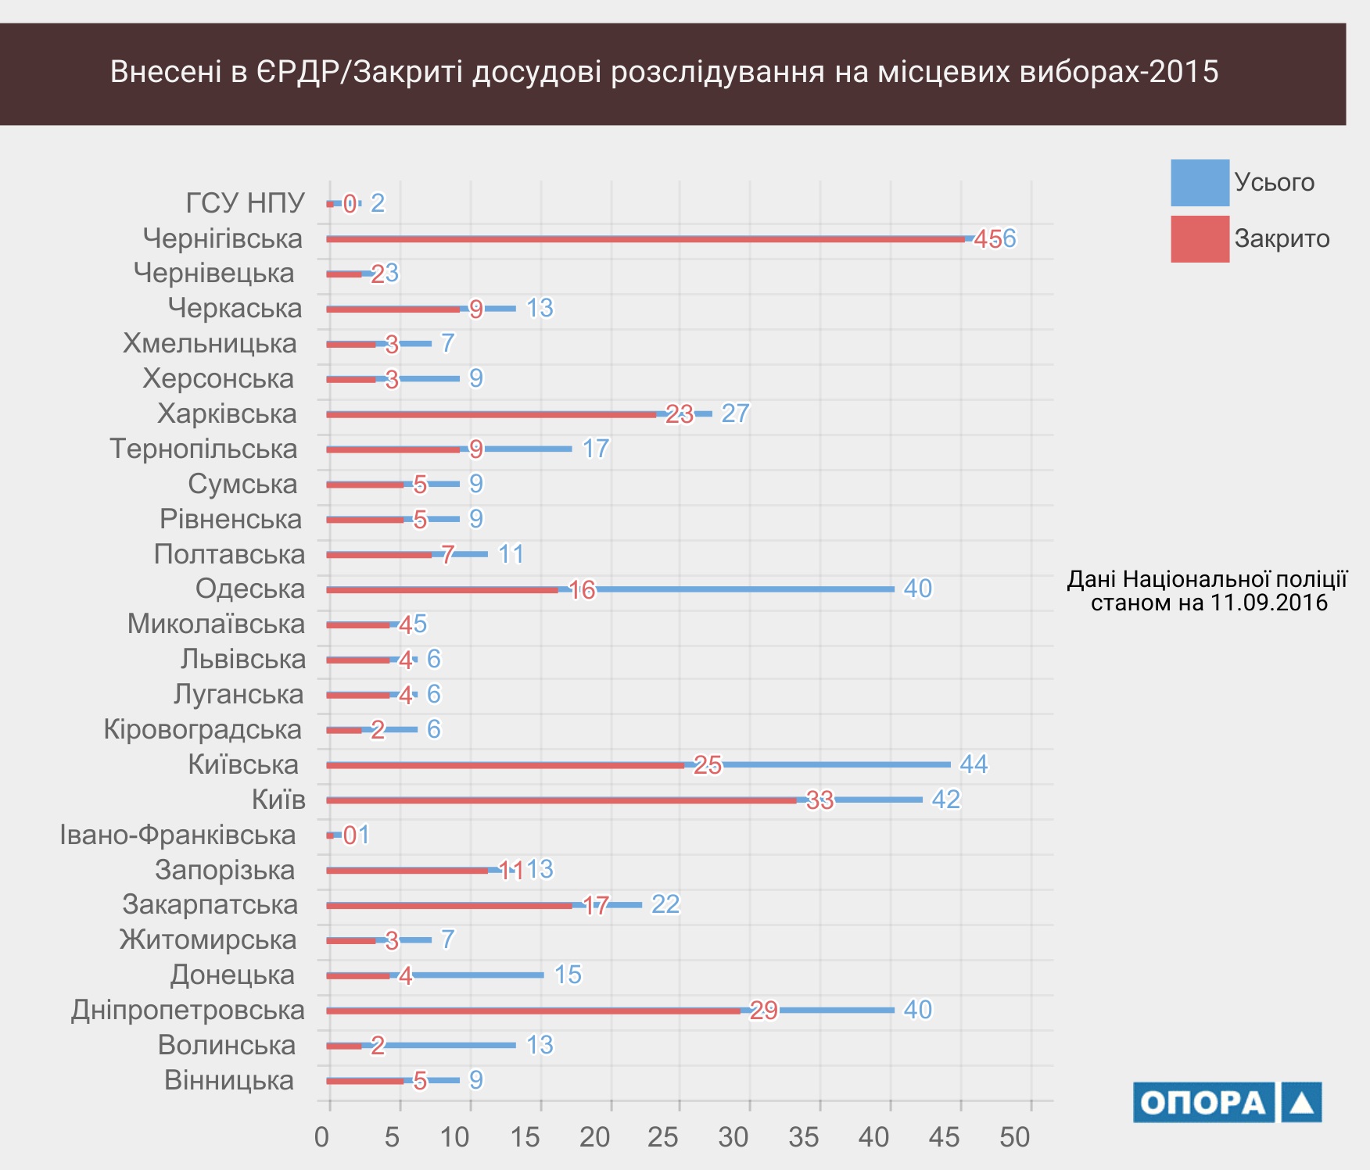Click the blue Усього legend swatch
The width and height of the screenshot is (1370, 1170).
pyautogui.click(x=1200, y=183)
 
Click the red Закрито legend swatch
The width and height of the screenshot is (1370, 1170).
pyautogui.click(x=1200, y=239)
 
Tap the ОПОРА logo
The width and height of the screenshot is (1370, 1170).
pyautogui.click(x=1227, y=1102)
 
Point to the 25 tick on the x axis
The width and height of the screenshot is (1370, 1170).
pyautogui.click(x=663, y=1137)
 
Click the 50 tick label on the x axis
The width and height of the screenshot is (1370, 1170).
pyautogui.click(x=1015, y=1137)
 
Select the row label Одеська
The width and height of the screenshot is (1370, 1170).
pyautogui.click(x=250, y=589)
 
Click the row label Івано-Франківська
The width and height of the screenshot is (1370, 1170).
pyautogui.click(x=178, y=835)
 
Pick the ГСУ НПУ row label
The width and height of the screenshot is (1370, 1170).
pyautogui.click(x=245, y=203)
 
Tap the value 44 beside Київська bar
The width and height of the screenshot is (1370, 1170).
pyautogui.click(x=974, y=764)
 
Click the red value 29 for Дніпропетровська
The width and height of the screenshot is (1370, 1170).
pyautogui.click(x=764, y=1011)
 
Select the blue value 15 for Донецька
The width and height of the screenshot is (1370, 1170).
pyautogui.click(x=568, y=975)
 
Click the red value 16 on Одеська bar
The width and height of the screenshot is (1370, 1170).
pyautogui.click(x=583, y=590)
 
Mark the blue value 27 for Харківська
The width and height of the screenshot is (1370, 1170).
pyautogui.click(x=735, y=413)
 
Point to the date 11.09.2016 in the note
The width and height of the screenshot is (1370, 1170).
pyautogui.click(x=1268, y=603)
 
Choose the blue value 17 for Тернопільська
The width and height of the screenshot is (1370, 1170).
pyautogui.click(x=595, y=449)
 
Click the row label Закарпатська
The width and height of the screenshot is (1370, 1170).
pyautogui.click(x=210, y=904)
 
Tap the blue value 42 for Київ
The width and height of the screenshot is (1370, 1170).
pyautogui.click(x=945, y=800)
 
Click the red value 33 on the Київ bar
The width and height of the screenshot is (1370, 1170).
pyautogui.click(x=819, y=800)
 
